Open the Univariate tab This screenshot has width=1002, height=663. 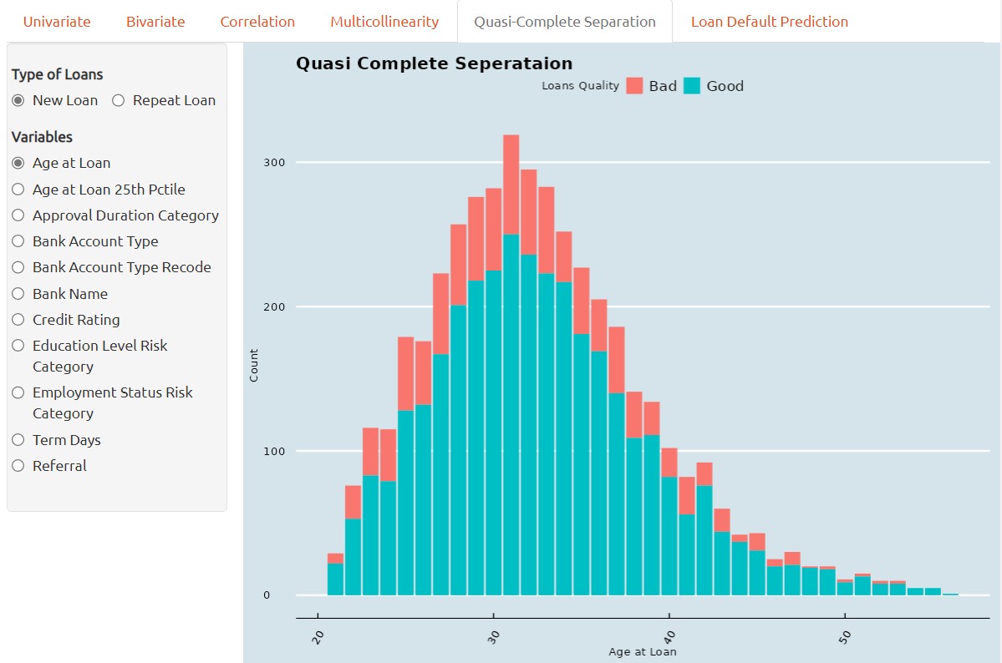pyautogui.click(x=57, y=22)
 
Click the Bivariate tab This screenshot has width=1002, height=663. pyautogui.click(x=155, y=22)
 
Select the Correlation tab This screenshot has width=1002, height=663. pyautogui.click(x=257, y=22)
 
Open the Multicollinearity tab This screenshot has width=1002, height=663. pyautogui.click(x=384, y=22)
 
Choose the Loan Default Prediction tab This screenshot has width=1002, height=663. pyautogui.click(x=769, y=22)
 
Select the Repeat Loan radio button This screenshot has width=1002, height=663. pyautogui.click(x=118, y=100)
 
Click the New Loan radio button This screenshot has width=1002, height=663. pyautogui.click(x=18, y=100)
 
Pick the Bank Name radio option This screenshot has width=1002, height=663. pyautogui.click(x=18, y=294)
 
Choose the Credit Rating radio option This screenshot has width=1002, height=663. pyautogui.click(x=18, y=320)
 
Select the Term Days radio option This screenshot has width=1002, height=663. pyautogui.click(x=18, y=440)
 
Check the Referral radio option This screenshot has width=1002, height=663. pyautogui.click(x=18, y=466)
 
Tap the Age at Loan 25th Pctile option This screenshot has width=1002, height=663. pyautogui.click(x=18, y=190)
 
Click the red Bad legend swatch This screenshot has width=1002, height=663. pyautogui.click(x=634, y=85)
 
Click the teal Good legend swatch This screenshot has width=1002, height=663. pyautogui.click(x=692, y=85)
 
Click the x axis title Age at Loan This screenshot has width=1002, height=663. pyautogui.click(x=642, y=651)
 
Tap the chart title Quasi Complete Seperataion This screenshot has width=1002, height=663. pyautogui.click(x=435, y=63)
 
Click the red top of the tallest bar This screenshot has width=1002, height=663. pyautogui.click(x=511, y=184)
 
